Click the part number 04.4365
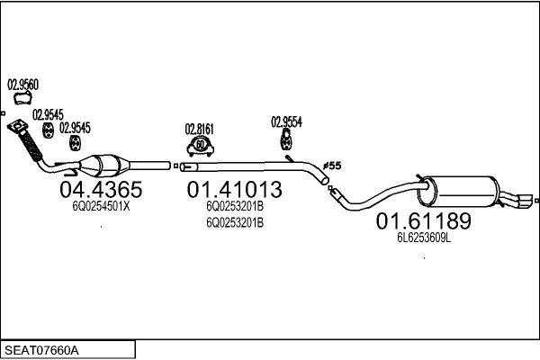(100, 190)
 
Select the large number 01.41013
(234, 190)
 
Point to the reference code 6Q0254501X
(101, 206)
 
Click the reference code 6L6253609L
(424, 238)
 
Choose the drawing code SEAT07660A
(43, 349)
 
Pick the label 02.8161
(200, 128)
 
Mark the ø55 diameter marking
(331, 166)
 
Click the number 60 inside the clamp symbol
(201, 144)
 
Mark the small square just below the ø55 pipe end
(332, 190)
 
